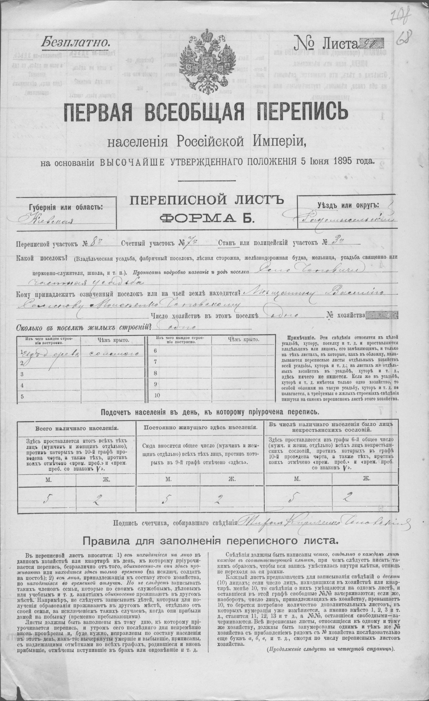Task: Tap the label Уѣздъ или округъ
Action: pyautogui.click(x=348, y=205)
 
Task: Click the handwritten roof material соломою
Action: pyautogui.click(x=114, y=353)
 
